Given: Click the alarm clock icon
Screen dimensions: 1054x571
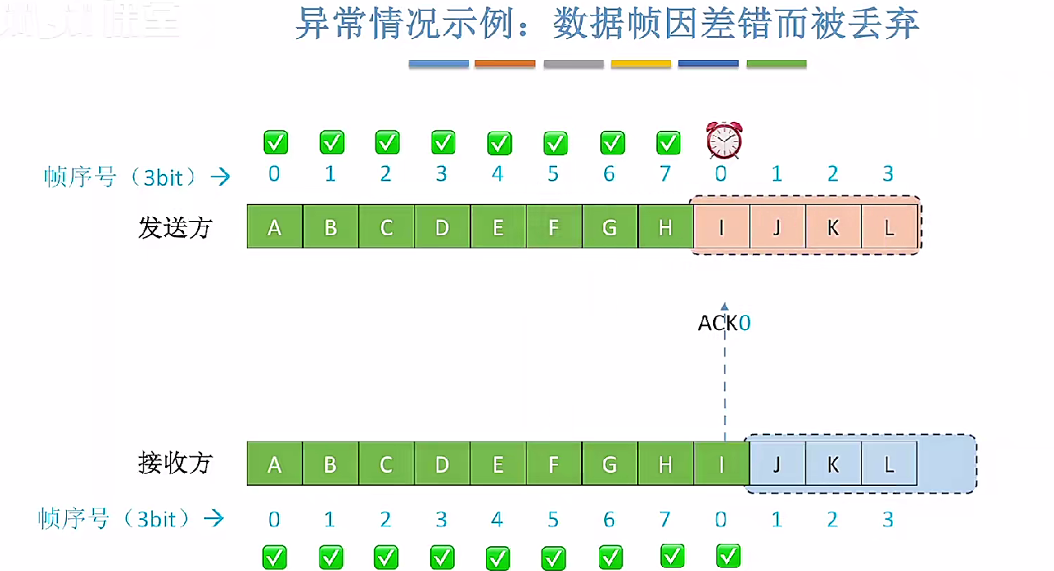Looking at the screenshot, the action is tap(724, 140).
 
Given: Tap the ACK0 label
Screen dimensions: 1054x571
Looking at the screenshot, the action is tap(724, 323).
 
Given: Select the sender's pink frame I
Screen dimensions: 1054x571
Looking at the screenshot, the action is tap(722, 227).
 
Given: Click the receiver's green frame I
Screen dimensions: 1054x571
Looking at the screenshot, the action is tap(721, 464).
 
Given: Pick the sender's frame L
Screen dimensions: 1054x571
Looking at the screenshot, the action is tap(889, 227).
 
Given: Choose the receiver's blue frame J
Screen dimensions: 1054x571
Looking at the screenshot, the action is tap(777, 464).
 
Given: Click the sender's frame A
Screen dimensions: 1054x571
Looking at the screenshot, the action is tap(275, 227).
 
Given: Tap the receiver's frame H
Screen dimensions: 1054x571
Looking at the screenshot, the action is tap(665, 464).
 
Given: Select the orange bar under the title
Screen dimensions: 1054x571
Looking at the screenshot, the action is tap(505, 64).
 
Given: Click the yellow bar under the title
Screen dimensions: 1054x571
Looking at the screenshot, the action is tap(640, 64).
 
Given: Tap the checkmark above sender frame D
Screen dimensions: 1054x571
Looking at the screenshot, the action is tap(443, 142).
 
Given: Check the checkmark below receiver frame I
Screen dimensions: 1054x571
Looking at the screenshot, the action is tap(727, 555).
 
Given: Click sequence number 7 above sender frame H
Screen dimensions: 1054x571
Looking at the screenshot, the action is tap(665, 174).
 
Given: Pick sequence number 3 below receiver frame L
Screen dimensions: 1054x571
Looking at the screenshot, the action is tap(888, 519).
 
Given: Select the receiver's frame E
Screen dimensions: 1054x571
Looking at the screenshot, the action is tap(498, 464).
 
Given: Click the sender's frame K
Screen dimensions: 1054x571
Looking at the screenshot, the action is tap(833, 227).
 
